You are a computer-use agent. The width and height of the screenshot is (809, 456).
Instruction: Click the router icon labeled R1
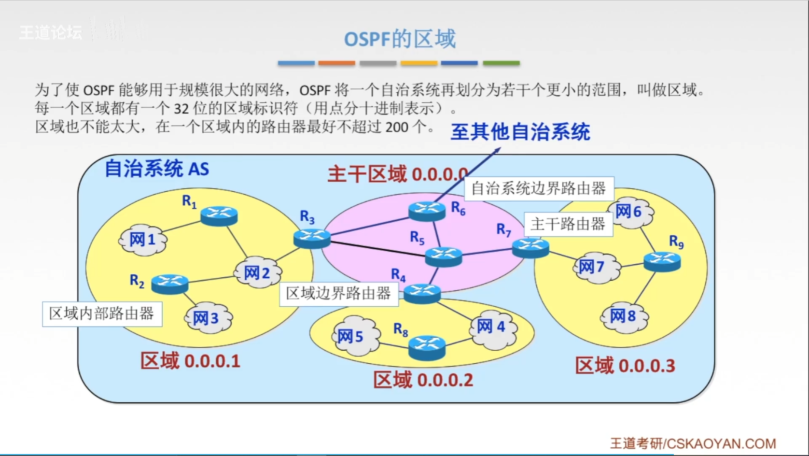(x=219, y=215)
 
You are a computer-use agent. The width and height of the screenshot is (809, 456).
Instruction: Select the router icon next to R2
(x=170, y=284)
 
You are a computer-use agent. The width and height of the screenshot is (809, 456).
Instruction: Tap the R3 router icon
(x=312, y=239)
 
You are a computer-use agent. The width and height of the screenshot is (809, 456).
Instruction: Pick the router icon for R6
(x=427, y=211)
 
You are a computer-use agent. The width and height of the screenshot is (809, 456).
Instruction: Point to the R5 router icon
(x=443, y=256)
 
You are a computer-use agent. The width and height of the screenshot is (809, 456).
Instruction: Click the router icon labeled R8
(x=427, y=347)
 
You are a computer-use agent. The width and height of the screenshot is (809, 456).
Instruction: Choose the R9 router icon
(x=662, y=261)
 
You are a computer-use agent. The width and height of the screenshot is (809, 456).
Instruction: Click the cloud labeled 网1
(x=143, y=240)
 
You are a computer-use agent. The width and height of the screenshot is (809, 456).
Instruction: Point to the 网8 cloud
(x=624, y=316)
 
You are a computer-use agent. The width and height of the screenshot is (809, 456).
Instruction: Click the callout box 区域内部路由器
(x=102, y=314)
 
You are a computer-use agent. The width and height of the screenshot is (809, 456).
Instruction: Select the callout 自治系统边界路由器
(x=539, y=188)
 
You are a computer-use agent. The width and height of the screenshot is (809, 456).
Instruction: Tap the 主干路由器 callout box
(x=568, y=224)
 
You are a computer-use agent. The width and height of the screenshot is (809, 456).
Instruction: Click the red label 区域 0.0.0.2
(x=423, y=380)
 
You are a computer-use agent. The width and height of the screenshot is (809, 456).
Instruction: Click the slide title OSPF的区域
(x=400, y=39)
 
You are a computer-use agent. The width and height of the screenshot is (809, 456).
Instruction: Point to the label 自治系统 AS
(x=157, y=169)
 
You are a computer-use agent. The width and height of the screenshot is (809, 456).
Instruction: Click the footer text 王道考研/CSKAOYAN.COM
(x=693, y=443)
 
